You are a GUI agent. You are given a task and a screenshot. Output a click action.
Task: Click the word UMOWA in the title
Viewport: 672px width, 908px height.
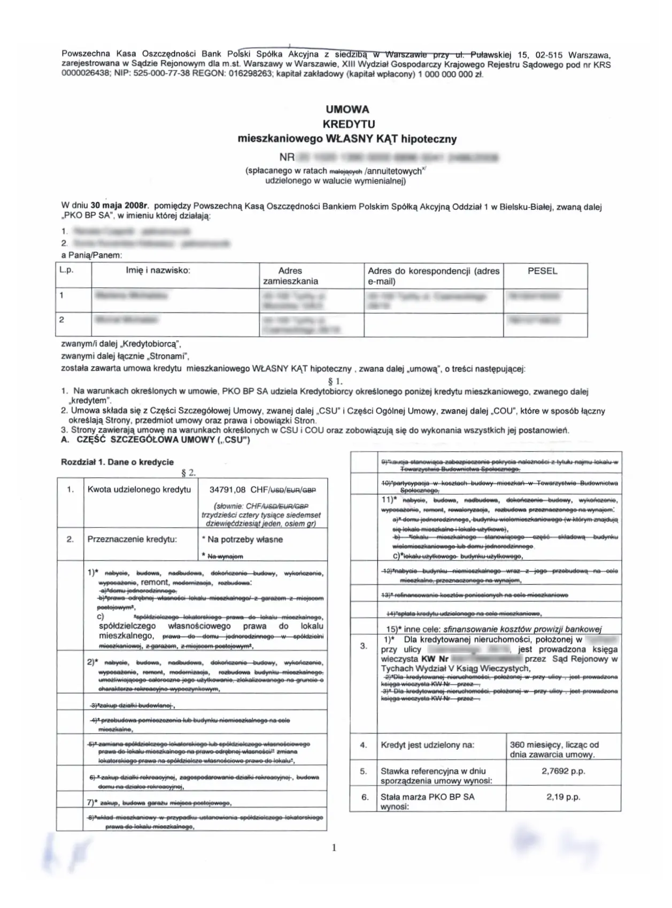(x=347, y=109)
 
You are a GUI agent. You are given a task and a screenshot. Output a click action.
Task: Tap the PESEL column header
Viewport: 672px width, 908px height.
(x=542, y=271)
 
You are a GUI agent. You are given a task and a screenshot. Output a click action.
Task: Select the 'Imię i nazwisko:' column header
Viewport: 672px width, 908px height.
(x=158, y=270)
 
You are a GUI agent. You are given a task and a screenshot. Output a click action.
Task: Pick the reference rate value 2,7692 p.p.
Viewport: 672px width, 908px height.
(x=563, y=771)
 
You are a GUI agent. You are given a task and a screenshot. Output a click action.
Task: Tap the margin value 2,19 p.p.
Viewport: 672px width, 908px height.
(x=563, y=797)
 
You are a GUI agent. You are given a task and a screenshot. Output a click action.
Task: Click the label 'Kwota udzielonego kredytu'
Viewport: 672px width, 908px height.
(x=139, y=489)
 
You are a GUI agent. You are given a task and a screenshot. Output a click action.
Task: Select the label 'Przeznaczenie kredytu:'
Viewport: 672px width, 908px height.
(x=132, y=539)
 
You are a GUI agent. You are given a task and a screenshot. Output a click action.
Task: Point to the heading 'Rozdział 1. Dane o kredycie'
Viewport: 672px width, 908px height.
(x=117, y=462)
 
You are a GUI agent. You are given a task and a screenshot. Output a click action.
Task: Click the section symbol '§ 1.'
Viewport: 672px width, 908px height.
(x=335, y=381)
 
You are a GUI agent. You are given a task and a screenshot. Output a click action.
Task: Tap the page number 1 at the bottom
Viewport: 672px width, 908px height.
(x=334, y=848)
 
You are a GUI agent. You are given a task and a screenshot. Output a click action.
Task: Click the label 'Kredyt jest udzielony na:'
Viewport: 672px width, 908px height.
(x=427, y=745)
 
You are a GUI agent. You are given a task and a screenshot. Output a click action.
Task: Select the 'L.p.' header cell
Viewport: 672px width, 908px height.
(x=67, y=270)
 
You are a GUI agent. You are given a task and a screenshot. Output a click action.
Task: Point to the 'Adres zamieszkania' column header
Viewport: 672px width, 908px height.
(x=290, y=276)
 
